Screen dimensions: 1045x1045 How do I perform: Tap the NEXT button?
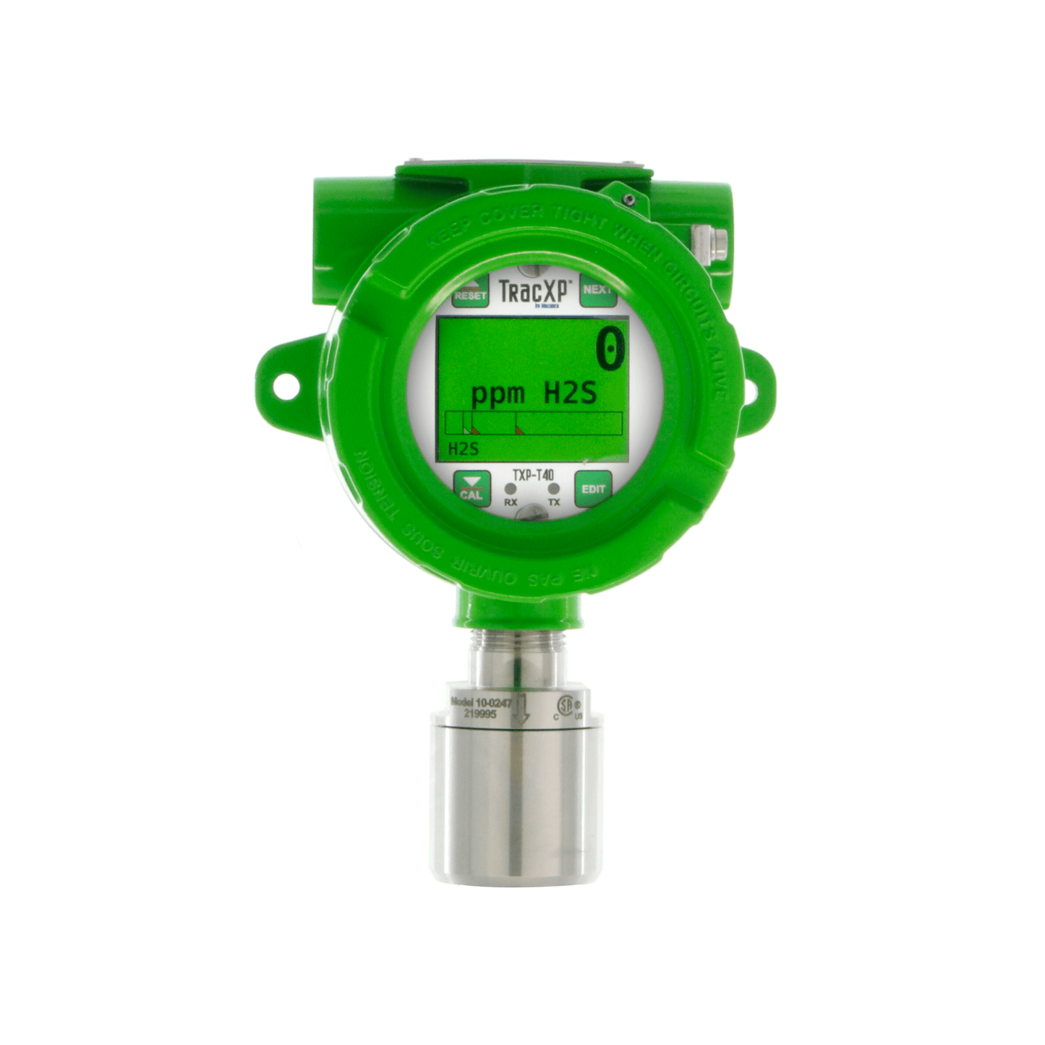(597, 290)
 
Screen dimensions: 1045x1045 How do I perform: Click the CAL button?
(471, 490)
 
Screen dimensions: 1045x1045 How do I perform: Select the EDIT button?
(593, 490)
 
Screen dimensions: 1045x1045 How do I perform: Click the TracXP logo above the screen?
(536, 291)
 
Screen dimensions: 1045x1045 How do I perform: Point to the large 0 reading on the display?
(609, 350)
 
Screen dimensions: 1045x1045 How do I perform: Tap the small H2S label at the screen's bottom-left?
(463, 448)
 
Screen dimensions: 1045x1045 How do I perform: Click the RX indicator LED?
(511, 490)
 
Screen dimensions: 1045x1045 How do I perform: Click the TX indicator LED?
(554, 490)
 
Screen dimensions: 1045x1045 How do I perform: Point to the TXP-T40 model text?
(533, 475)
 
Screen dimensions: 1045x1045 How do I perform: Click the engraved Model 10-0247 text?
(480, 701)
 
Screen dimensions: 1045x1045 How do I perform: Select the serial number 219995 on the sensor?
(479, 713)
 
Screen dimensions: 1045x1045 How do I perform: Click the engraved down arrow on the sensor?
(521, 710)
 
